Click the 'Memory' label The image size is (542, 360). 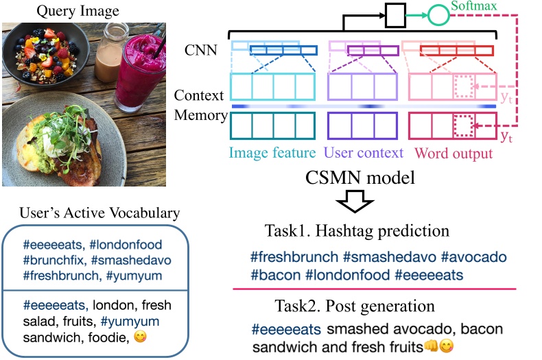(201, 115)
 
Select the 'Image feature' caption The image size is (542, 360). (272, 152)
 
